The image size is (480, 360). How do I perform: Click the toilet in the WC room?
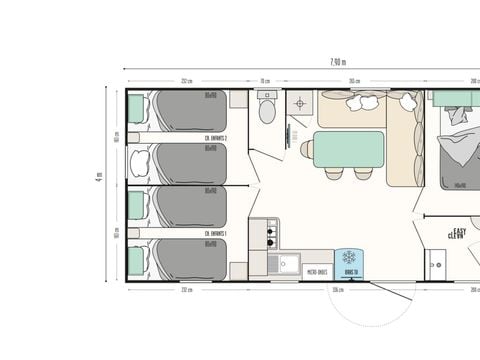click(x=267, y=107)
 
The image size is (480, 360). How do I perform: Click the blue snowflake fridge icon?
click(x=350, y=258)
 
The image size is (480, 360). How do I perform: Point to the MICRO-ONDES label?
click(x=316, y=270)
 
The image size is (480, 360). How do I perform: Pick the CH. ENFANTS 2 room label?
click(x=217, y=138)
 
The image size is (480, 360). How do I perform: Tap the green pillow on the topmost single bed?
click(x=136, y=107)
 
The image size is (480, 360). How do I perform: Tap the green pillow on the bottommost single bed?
click(x=136, y=263)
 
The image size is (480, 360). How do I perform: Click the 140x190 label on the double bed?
click(x=461, y=184)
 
